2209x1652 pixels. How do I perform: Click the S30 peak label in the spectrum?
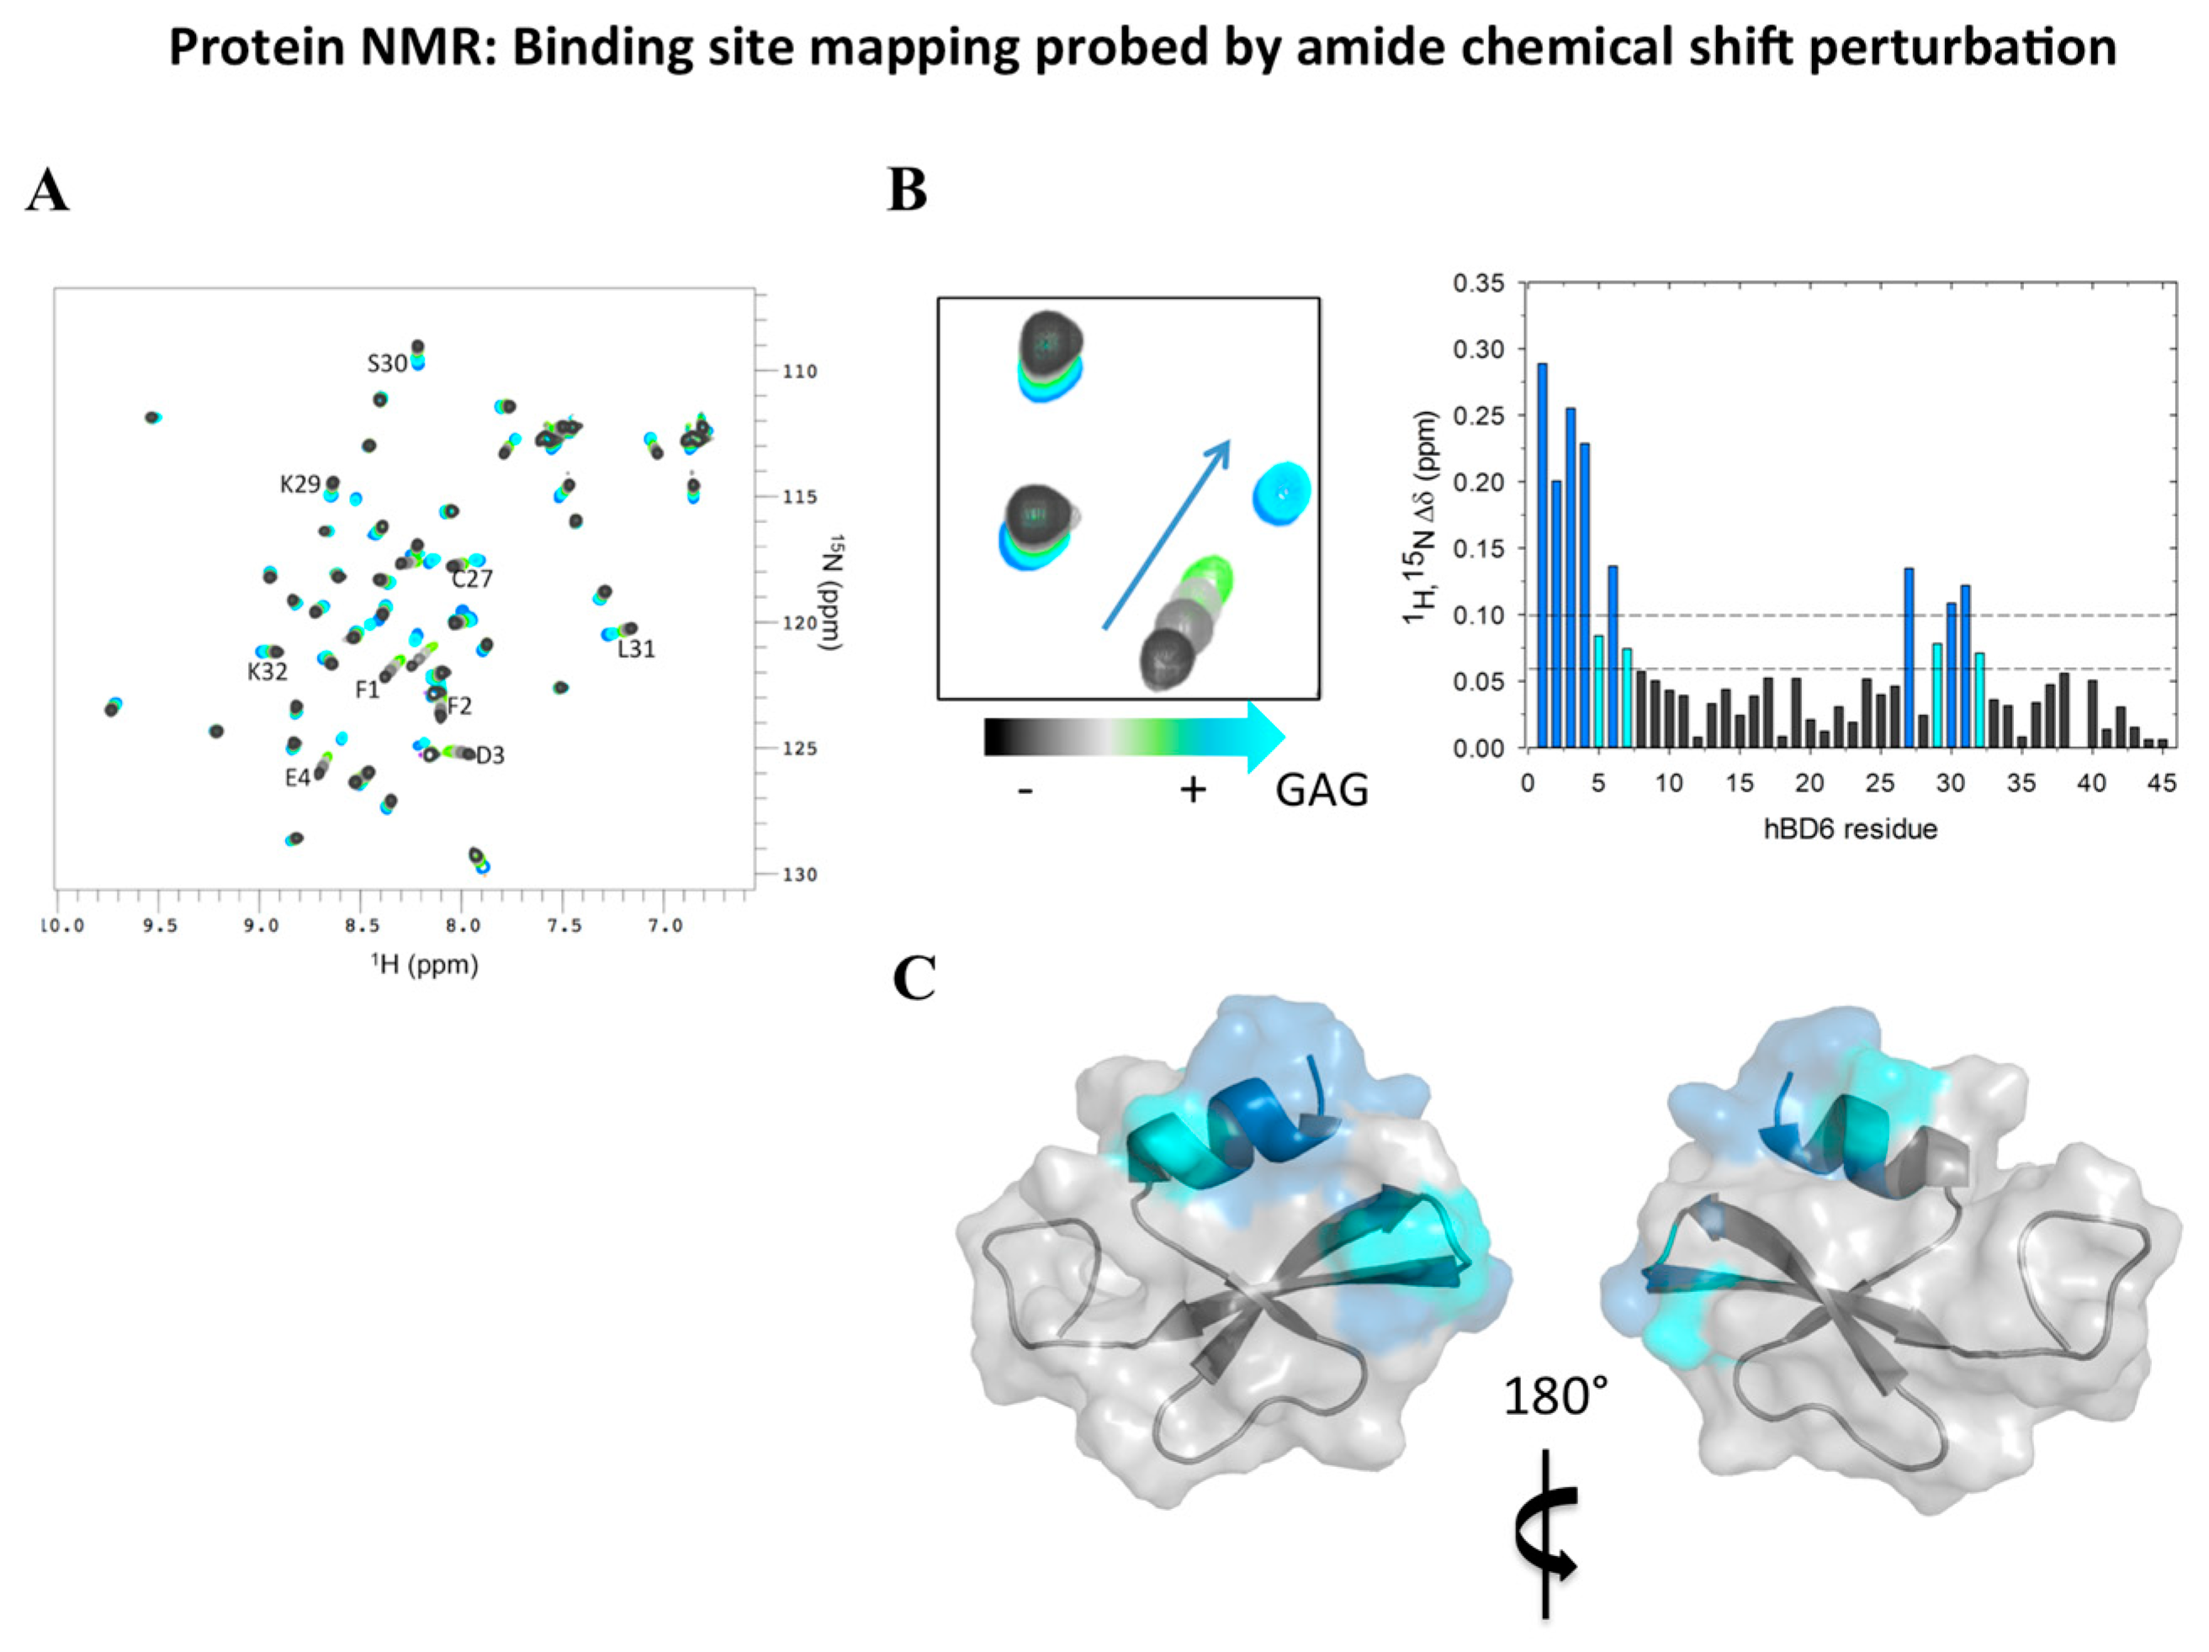[386, 363]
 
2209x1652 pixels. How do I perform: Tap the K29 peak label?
[299, 484]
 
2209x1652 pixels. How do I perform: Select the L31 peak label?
[636, 649]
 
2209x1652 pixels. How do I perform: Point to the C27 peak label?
[471, 579]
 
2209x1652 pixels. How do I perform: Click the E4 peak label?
[298, 777]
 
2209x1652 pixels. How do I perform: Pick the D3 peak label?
[490, 755]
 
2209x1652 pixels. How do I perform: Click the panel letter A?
[47, 191]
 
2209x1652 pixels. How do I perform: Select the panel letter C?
[914, 979]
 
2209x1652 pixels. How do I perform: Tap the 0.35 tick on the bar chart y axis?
[1478, 283]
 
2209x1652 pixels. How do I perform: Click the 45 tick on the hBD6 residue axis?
[2161, 784]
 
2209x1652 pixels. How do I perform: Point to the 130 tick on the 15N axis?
[799, 875]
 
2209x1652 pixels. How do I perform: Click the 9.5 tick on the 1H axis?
[159, 927]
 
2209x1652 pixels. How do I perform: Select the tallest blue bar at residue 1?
[1542, 554]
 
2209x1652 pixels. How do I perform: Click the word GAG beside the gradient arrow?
[1322, 790]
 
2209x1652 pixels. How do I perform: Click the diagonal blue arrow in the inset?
[1165, 534]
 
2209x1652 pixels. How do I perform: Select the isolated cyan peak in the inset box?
[1282, 494]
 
